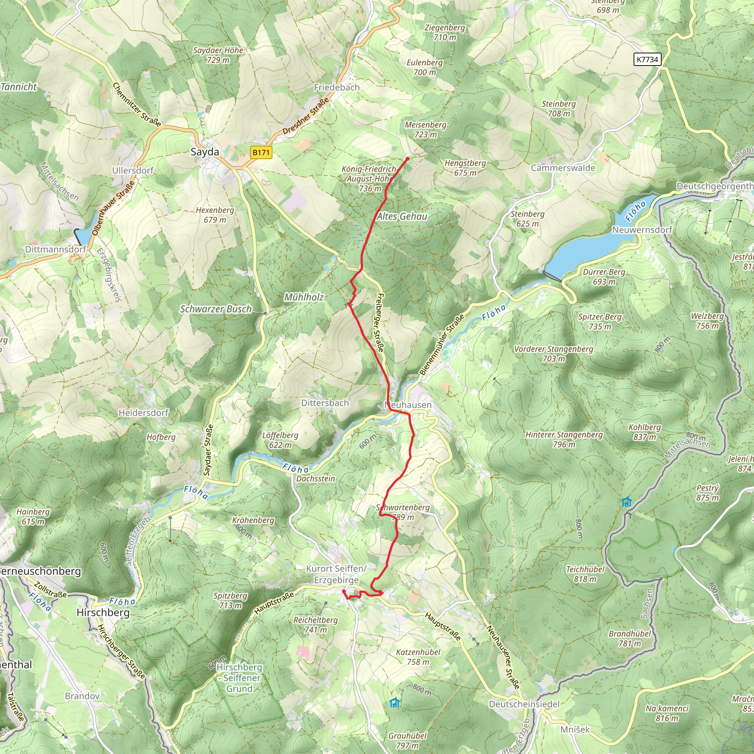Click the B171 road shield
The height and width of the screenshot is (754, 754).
click(261, 152)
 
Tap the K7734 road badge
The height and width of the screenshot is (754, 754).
click(647, 59)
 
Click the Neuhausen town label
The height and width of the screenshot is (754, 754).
click(408, 405)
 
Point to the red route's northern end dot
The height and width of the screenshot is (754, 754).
click(408, 159)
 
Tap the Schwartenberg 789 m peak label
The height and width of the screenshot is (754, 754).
click(403, 512)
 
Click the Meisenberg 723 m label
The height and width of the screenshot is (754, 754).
click(425, 130)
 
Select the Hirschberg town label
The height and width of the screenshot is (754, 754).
click(103, 612)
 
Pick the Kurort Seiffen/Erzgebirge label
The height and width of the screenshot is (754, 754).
click(337, 574)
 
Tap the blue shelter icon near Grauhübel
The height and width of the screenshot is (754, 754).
click(395, 702)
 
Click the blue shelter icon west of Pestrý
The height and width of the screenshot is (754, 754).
click(626, 501)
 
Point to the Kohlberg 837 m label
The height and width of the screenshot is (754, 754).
click(644, 432)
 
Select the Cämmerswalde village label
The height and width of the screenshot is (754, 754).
click(563, 168)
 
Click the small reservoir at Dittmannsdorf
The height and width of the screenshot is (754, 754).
click(83, 235)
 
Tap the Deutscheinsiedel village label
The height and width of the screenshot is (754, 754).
click(524, 704)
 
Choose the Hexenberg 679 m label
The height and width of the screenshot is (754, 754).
click(215, 215)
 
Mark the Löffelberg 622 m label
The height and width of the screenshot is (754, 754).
click(280, 440)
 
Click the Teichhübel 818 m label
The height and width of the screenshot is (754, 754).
click(585, 574)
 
